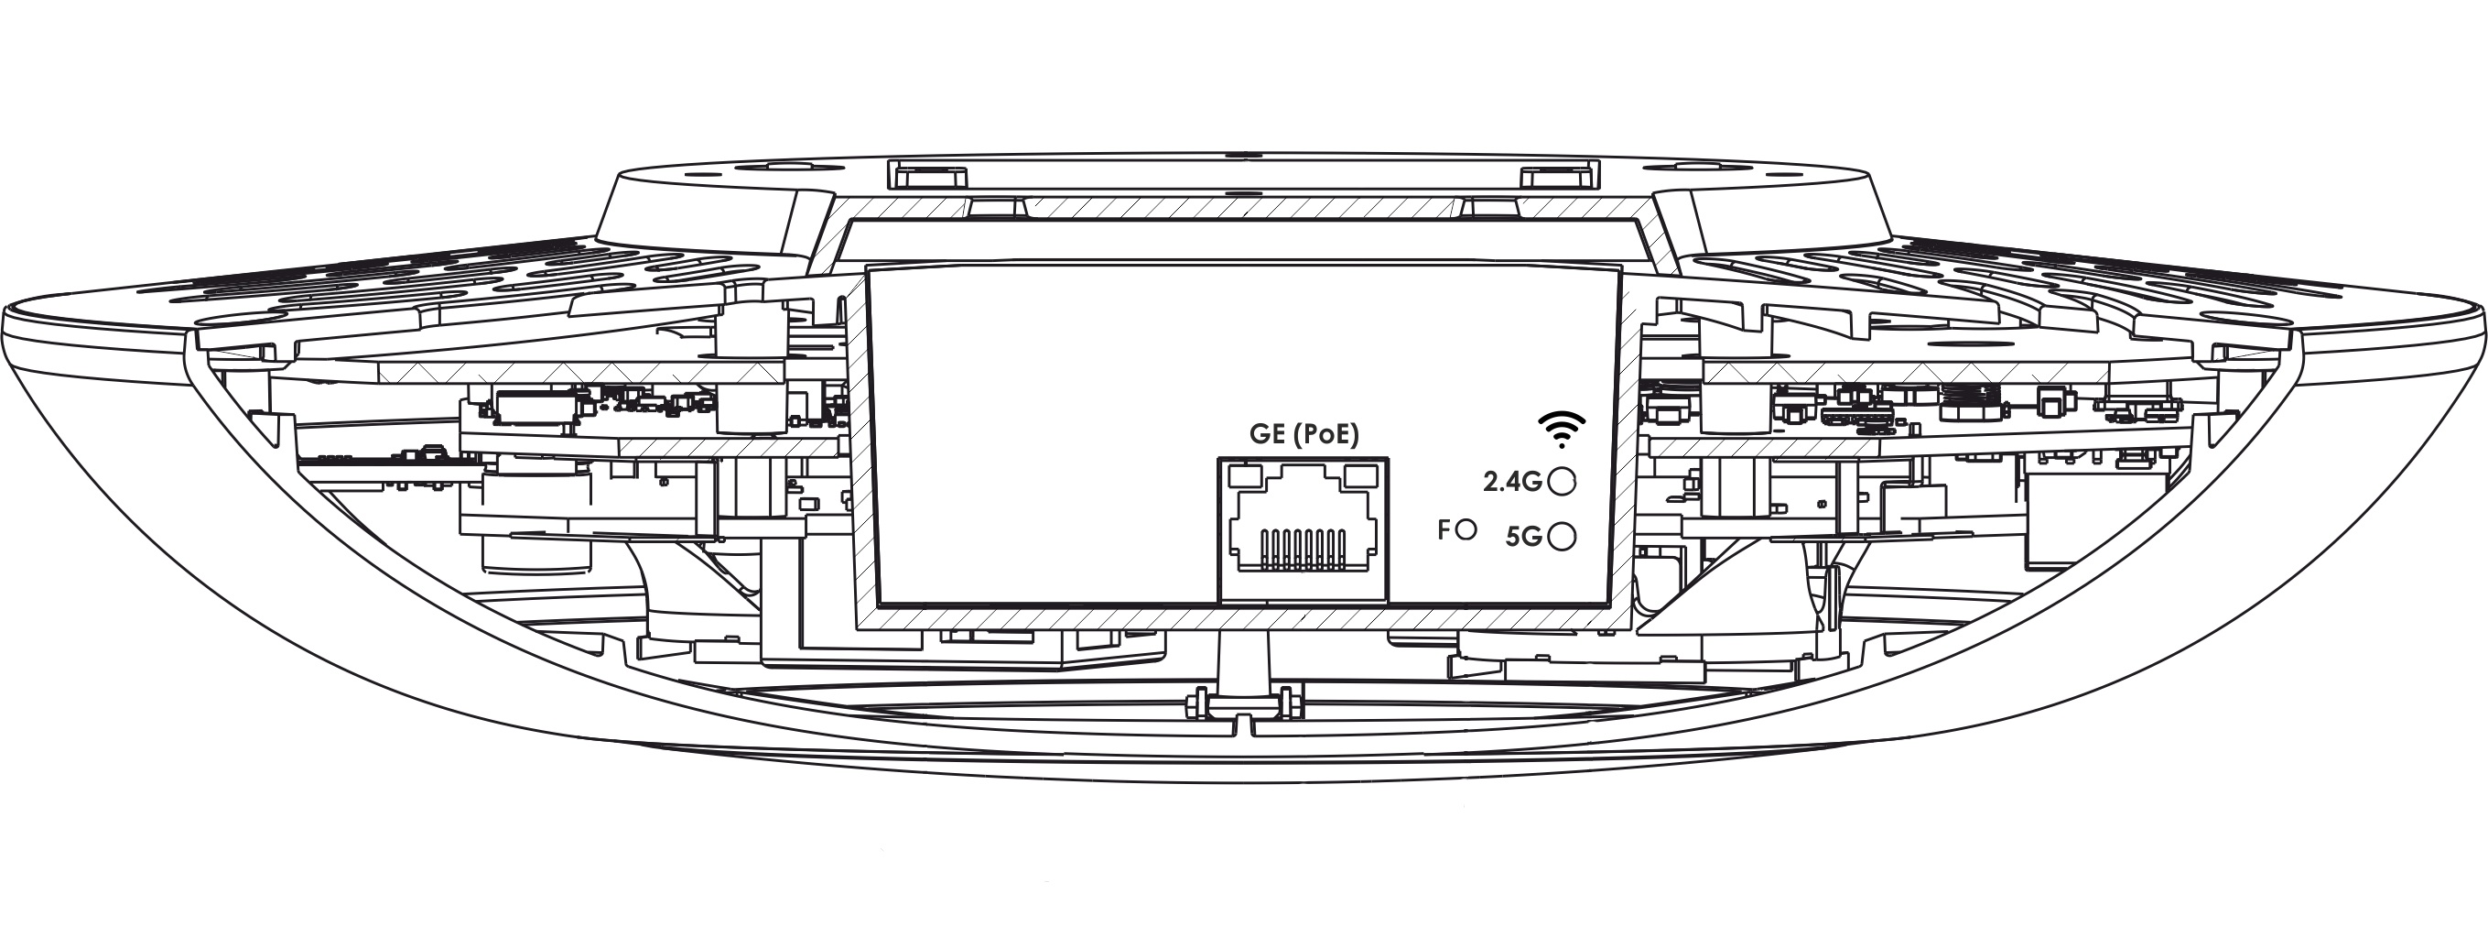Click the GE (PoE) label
[x=1303, y=435]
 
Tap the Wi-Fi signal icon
[x=1562, y=429]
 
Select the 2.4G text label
[x=1512, y=481]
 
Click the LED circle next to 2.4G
[x=1562, y=481]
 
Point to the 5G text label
[x=1524, y=537]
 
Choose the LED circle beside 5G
[x=1562, y=537]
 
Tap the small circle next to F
[x=1466, y=529]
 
